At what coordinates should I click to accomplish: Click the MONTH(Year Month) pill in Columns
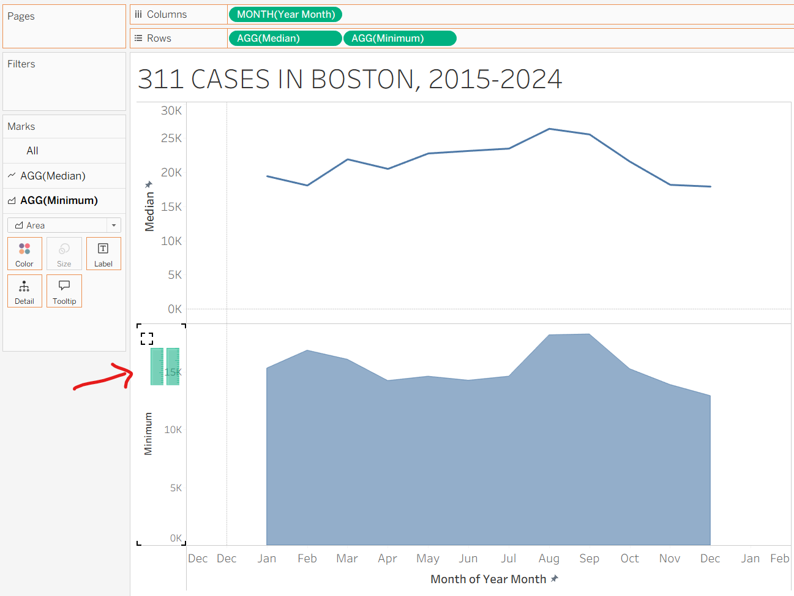tap(285, 14)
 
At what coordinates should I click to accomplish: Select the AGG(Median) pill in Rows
tap(285, 38)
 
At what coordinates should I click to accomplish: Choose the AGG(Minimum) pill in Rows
tap(400, 38)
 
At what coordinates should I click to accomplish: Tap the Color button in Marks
tap(24, 253)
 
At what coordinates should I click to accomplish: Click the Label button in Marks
tap(103, 253)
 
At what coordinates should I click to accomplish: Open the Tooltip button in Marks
tap(64, 290)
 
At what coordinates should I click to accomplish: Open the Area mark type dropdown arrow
tap(114, 225)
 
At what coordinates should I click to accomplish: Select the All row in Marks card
tap(32, 151)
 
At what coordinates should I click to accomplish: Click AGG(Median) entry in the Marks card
tap(53, 176)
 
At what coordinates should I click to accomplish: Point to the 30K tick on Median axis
tap(171, 111)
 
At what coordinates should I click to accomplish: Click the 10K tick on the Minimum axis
tap(173, 430)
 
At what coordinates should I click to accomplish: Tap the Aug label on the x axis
tap(549, 559)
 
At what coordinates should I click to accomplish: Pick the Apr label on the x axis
tap(388, 559)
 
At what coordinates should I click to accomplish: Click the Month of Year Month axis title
tap(488, 579)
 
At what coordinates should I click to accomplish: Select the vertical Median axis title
tap(149, 211)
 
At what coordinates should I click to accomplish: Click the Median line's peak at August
tap(550, 129)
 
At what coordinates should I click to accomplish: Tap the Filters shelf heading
tap(21, 64)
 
